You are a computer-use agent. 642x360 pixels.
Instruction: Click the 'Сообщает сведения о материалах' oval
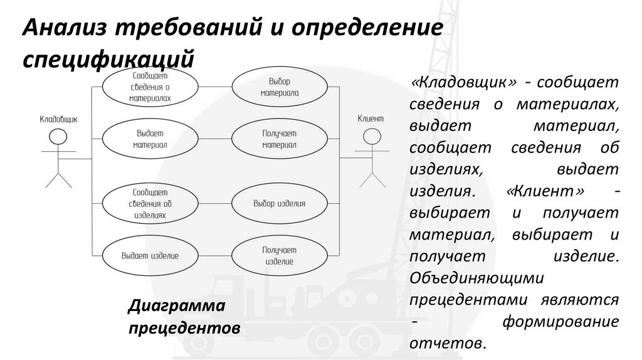(150, 87)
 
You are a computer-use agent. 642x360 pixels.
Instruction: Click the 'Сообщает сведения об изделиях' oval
(150, 203)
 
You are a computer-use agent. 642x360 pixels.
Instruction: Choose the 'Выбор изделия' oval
(279, 203)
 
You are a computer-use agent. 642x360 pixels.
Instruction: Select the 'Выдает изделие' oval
(150, 255)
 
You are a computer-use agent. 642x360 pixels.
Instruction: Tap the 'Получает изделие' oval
(279, 255)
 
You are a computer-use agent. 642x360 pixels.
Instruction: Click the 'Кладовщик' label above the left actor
(58, 119)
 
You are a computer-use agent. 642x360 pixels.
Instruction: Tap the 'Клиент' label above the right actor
(370, 118)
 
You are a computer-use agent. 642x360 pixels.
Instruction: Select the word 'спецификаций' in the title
(106, 60)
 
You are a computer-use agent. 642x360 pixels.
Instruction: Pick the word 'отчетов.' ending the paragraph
(448, 342)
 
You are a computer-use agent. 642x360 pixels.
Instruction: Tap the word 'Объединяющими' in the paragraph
(478, 277)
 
